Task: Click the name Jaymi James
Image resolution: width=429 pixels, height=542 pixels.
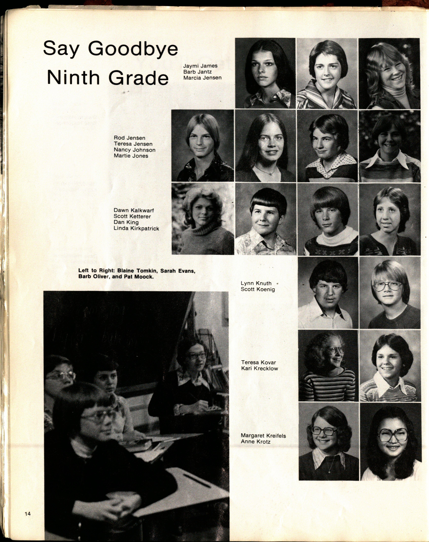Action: point(200,66)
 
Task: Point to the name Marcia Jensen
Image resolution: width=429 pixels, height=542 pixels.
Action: point(202,78)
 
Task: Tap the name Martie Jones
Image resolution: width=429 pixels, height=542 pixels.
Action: point(131,156)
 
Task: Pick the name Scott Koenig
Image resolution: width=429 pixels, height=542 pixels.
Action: point(258,289)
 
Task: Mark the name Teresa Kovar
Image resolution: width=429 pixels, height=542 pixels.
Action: point(259,362)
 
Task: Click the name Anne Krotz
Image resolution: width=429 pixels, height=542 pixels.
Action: point(255,441)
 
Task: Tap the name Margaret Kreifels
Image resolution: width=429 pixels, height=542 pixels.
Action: point(263,435)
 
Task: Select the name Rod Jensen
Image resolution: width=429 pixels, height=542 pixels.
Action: point(129,138)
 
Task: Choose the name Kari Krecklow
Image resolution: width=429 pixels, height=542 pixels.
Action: point(259,368)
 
